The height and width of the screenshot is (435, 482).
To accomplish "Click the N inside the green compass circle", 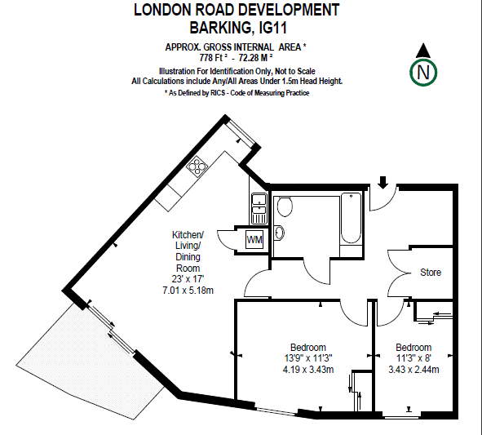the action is [x=423, y=73].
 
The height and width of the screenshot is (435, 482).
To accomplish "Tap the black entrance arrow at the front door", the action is [x=383, y=182].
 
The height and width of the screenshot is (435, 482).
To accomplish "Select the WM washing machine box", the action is [x=254, y=240].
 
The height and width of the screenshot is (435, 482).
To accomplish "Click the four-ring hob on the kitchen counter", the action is [x=197, y=166].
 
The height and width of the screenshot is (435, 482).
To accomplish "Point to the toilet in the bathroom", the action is [x=285, y=206].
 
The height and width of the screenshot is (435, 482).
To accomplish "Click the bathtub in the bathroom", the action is [x=351, y=218].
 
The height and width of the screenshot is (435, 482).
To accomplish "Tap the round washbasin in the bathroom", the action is [x=279, y=233].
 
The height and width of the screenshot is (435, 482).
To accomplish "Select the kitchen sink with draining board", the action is [x=259, y=208].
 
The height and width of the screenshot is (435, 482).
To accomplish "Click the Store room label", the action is [x=431, y=273].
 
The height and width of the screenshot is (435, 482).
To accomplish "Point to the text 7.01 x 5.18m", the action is [x=188, y=290].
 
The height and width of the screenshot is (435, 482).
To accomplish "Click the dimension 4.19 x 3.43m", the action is [x=308, y=369].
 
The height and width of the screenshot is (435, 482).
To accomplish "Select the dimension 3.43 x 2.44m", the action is [x=413, y=369].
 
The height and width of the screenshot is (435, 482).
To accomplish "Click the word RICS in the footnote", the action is [x=218, y=93].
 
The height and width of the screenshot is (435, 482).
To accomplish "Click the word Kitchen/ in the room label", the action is [x=188, y=235].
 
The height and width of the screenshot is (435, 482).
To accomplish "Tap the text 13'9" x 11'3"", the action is [x=308, y=358].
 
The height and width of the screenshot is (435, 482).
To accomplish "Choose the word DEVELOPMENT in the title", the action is [x=289, y=10].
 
